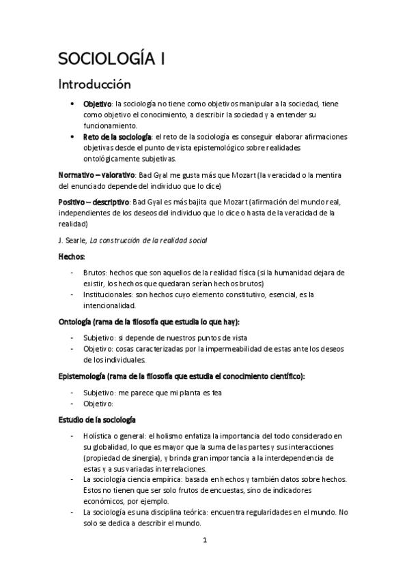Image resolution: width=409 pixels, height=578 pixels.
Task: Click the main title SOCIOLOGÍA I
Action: (111, 60)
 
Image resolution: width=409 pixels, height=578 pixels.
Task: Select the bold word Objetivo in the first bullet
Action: (98, 104)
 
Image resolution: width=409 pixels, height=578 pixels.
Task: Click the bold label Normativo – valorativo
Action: (97, 175)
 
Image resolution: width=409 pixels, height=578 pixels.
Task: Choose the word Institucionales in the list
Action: (112, 294)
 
